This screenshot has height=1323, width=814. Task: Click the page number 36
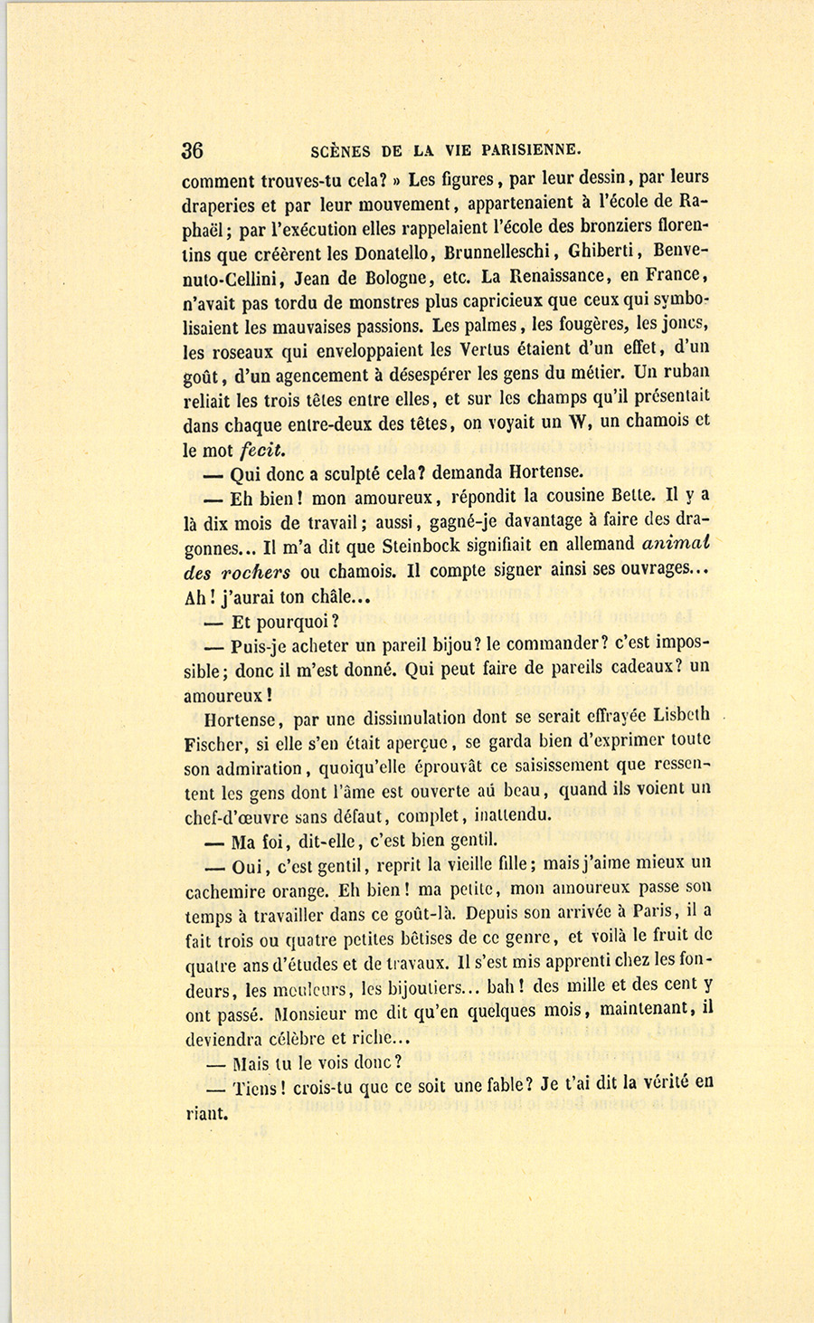[193, 150]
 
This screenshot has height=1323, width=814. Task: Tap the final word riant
[204, 1114]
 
